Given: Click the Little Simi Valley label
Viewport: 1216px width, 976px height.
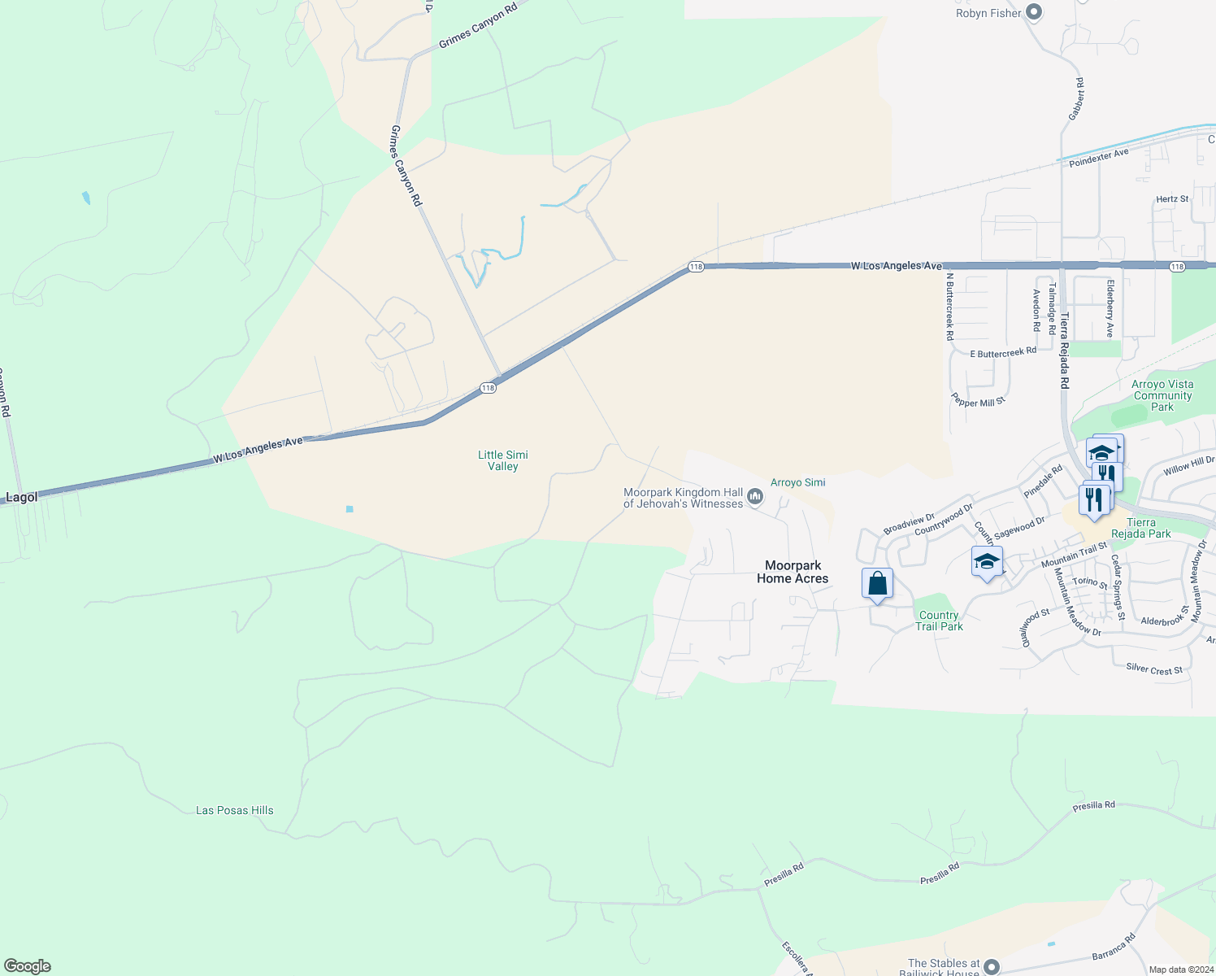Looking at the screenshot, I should point(503,460).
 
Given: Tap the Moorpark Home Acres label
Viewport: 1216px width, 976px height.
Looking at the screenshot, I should point(793,572).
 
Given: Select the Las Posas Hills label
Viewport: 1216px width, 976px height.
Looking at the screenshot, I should point(235,810).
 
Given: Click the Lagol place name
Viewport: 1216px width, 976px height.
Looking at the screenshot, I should point(22,497).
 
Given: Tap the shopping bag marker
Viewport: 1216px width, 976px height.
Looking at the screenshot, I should point(877,584).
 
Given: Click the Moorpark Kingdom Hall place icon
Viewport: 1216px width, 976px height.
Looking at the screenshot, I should point(755,496).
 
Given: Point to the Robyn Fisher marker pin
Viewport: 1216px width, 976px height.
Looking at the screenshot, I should point(1034,12).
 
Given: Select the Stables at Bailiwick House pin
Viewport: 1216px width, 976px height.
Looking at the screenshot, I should point(991,966).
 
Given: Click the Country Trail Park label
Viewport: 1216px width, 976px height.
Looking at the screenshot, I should point(939,621).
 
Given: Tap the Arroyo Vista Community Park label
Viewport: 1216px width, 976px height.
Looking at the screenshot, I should point(1162,395).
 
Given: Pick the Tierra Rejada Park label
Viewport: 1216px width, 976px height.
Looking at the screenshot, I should point(1141,528).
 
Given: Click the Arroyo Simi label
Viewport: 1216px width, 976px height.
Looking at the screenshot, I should point(797,482).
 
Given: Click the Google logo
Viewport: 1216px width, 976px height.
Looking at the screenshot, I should point(27,966).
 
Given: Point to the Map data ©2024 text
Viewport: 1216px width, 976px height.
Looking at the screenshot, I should point(1179,969).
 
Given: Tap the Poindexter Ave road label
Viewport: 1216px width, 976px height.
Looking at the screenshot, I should point(1099,158).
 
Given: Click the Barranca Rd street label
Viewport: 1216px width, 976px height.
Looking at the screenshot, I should point(1114,948).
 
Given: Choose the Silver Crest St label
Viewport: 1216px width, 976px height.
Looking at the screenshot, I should point(1154,669).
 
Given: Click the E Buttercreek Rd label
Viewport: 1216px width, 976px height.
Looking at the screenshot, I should point(1003,353).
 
